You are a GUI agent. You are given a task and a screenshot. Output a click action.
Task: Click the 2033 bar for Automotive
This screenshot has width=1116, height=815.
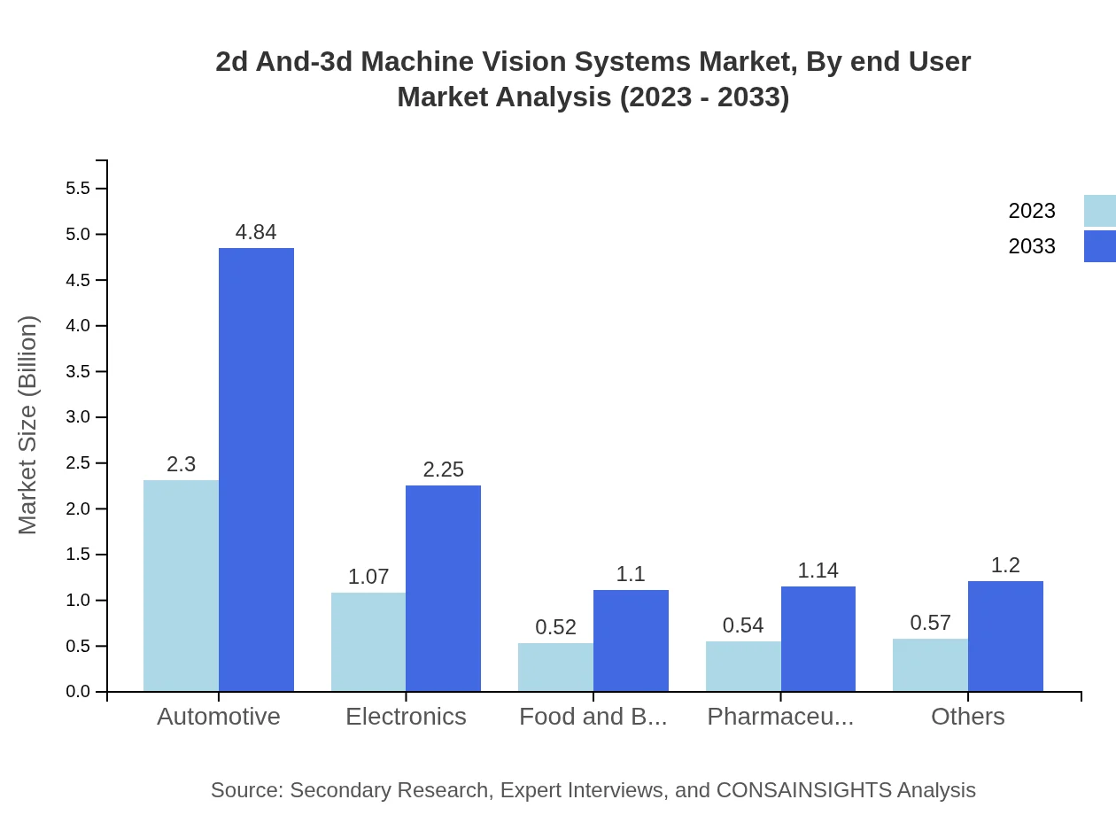click(256, 470)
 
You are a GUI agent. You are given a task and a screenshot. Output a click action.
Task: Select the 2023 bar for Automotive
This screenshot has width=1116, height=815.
click(181, 586)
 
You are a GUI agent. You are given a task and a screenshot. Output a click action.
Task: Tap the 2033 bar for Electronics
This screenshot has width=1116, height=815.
click(443, 588)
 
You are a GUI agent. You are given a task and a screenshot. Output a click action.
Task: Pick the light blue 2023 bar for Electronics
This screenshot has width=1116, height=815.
click(368, 642)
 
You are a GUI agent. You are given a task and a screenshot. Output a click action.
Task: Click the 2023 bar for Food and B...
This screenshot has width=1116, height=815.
click(555, 667)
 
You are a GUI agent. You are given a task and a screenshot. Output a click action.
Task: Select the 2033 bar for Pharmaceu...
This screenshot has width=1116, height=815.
click(818, 639)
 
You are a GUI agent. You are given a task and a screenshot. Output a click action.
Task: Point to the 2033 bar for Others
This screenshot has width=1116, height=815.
click(1005, 636)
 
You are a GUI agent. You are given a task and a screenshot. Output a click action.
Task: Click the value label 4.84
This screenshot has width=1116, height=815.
click(256, 232)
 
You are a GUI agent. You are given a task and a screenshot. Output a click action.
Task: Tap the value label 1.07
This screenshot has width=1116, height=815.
click(368, 577)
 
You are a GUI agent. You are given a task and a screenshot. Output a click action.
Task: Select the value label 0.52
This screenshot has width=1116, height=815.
click(555, 627)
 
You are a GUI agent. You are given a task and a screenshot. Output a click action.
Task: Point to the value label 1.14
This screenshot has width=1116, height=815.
click(818, 570)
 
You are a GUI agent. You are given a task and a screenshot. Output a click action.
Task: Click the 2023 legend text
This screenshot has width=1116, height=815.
click(1032, 211)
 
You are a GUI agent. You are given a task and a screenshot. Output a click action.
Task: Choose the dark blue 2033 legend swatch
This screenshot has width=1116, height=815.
click(1100, 246)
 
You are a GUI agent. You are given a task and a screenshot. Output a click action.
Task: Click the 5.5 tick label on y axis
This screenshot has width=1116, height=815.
click(78, 189)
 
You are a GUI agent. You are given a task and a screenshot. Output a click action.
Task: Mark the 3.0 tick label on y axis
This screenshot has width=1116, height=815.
click(78, 417)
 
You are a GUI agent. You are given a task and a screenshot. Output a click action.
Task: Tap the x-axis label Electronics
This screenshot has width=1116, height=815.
click(406, 716)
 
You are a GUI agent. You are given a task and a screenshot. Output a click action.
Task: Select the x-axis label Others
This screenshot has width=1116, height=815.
click(967, 716)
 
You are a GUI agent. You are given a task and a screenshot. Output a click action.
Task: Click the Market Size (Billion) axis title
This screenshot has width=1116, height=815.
click(28, 425)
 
